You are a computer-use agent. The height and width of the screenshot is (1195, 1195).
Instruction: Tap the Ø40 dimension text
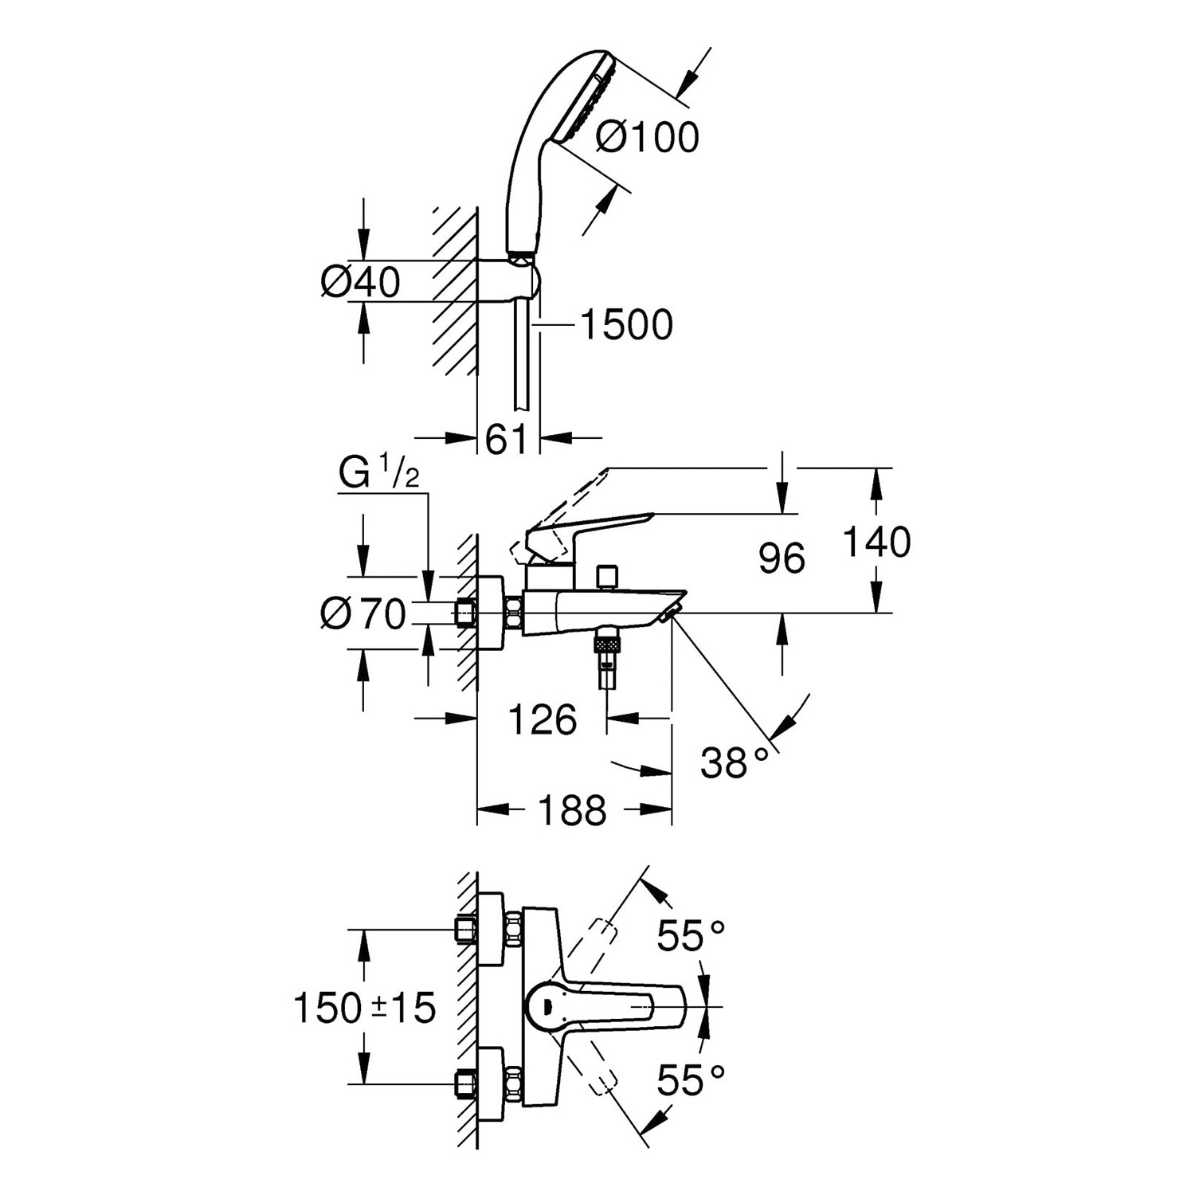coord(360,282)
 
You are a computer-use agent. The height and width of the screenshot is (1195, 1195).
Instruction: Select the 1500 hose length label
coord(626,325)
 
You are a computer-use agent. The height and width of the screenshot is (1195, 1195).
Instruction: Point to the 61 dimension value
coord(507,439)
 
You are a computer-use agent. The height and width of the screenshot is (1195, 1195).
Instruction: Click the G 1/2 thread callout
coord(378,474)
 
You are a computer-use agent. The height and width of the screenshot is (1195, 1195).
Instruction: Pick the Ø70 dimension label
coord(363,613)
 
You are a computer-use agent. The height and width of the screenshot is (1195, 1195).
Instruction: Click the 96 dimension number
coord(782,558)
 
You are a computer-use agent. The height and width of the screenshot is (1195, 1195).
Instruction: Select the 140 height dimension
coord(877,542)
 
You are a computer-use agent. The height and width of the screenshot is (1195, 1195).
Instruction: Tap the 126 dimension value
coord(543,720)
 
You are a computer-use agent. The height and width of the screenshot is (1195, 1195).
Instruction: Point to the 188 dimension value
coord(573,811)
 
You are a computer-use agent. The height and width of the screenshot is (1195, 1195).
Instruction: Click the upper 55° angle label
coord(691,935)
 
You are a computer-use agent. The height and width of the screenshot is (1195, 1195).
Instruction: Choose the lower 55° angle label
coord(691,1081)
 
